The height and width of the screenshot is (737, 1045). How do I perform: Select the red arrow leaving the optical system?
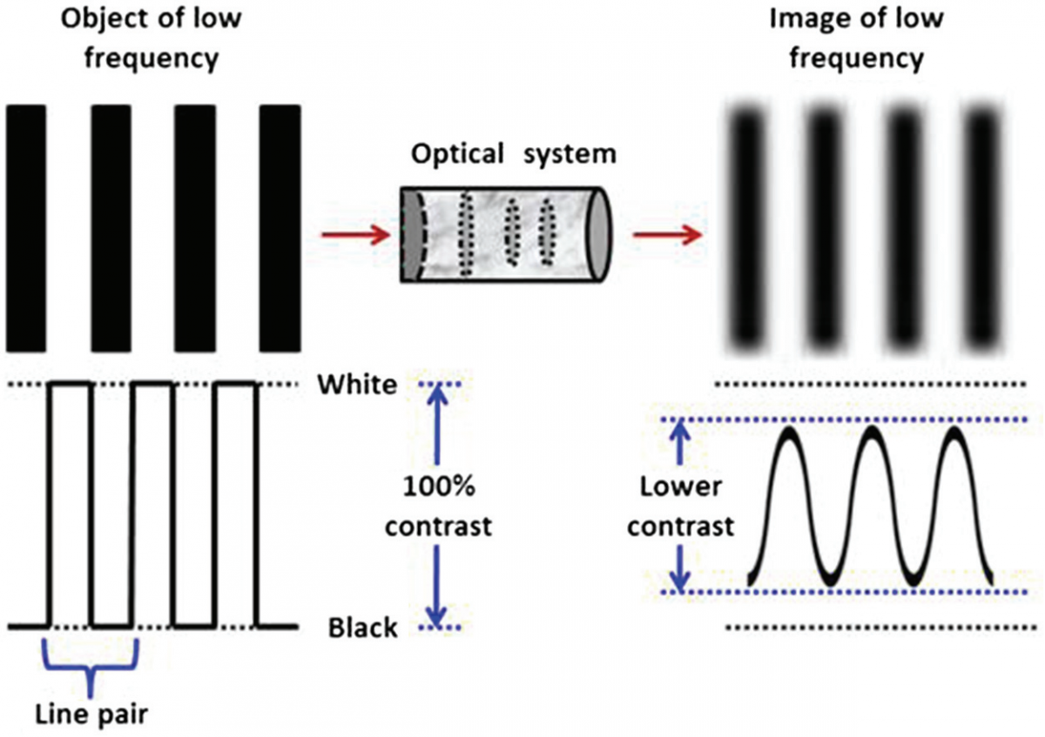pyautogui.click(x=665, y=234)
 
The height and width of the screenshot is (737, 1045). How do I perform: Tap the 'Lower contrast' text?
pyautogui.click(x=682, y=506)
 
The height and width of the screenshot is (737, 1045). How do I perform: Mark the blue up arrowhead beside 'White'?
pyautogui.click(x=439, y=394)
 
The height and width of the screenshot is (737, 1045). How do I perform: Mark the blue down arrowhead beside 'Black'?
pyautogui.click(x=439, y=615)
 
